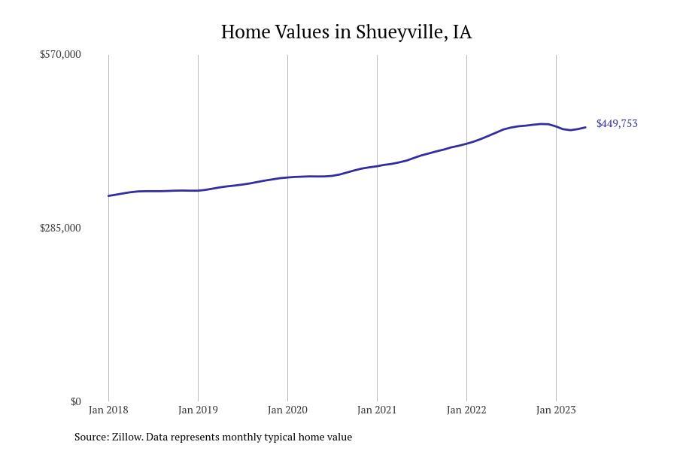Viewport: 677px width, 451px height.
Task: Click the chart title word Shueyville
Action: click(x=402, y=32)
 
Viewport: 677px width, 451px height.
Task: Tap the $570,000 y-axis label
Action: click(x=60, y=54)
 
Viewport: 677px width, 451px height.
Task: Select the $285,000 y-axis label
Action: click(x=60, y=228)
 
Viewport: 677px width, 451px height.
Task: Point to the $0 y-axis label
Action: click(x=75, y=401)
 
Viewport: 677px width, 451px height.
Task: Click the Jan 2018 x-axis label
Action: click(x=108, y=410)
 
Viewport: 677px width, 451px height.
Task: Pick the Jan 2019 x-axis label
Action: click(x=198, y=410)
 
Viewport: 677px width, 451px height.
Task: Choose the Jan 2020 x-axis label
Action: click(x=287, y=410)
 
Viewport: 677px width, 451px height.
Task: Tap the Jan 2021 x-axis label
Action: click(x=377, y=410)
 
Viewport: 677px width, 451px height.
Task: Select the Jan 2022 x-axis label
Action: click(x=466, y=410)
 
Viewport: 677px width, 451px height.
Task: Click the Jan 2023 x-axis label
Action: click(x=556, y=410)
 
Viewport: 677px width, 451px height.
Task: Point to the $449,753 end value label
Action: click(x=617, y=123)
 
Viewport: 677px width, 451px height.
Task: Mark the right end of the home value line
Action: click(x=585, y=127)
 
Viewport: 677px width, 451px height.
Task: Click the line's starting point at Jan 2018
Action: click(x=108, y=195)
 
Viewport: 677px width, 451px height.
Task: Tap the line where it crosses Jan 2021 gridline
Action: click(x=377, y=166)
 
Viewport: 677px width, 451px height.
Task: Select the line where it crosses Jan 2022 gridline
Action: click(x=466, y=143)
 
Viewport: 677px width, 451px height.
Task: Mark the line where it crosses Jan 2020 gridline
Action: click(x=287, y=177)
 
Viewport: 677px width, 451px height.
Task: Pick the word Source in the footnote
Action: click(x=90, y=437)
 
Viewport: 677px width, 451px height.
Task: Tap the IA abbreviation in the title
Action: click(x=462, y=32)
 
